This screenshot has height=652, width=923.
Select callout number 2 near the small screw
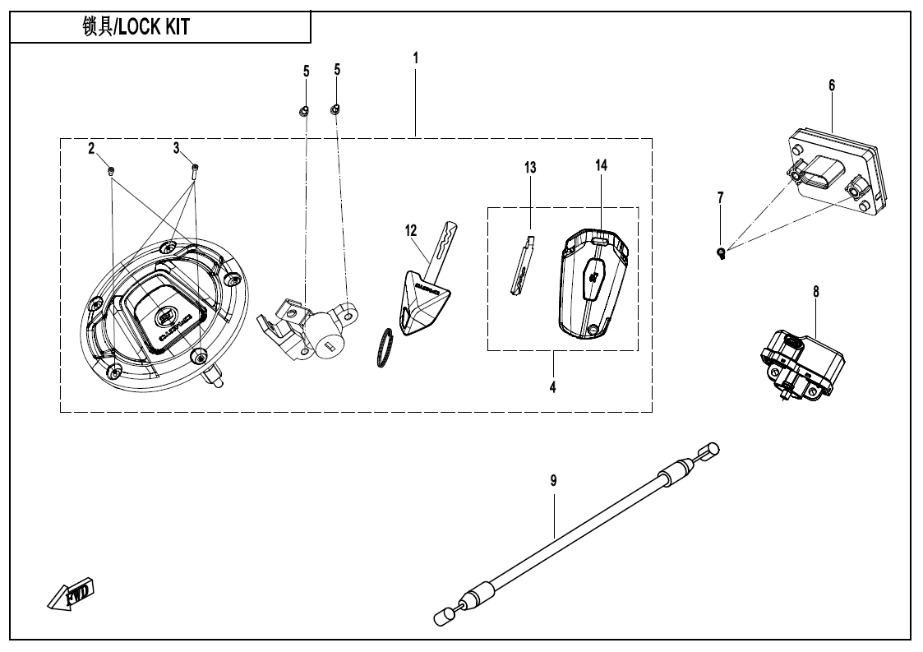coord(92,148)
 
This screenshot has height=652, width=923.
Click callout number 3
coord(176,148)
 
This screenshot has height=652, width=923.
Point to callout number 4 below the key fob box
coord(553,385)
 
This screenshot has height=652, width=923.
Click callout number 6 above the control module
coord(832,86)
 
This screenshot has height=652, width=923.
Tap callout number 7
coord(721,197)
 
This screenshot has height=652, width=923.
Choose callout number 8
coord(815,291)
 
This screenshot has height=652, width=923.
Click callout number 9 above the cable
coord(553,480)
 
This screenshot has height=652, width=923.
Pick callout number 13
coord(530,168)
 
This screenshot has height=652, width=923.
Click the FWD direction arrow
coord(72,594)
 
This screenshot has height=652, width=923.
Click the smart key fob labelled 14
coord(593,284)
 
